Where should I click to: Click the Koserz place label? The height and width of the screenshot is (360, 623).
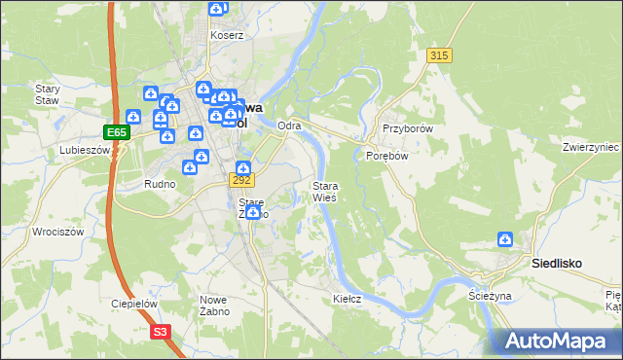pos(227,35)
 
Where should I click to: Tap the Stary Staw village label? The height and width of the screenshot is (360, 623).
pos(48,93)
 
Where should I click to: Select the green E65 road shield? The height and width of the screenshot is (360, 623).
pos(116,130)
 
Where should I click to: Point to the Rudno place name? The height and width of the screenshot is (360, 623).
pos(159,184)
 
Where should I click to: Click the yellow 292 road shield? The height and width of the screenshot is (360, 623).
pos(242,180)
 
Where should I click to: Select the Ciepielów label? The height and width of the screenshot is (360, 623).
pos(133,304)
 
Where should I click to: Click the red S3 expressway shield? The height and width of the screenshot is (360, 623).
pos(162,332)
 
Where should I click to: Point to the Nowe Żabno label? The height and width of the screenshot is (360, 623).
pos(214,306)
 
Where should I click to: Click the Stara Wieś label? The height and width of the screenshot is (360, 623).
pos(324,191)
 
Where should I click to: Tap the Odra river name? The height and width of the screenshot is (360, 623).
pos(288,126)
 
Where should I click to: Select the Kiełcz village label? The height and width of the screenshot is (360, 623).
pos(348,299)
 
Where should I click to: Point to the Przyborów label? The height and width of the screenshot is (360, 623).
pos(407,128)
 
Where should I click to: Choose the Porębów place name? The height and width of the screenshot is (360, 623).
pos(385,155)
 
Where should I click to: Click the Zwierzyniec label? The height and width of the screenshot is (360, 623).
pos(591,147)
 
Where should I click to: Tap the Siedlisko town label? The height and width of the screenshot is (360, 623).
pos(556,262)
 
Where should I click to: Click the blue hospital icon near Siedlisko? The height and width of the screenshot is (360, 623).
pos(505,239)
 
